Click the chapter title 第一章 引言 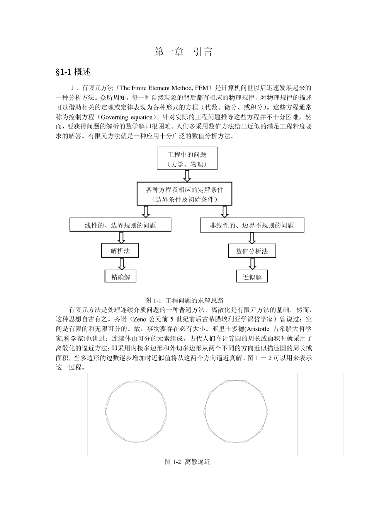click(x=183, y=52)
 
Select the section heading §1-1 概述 click(x=73, y=72)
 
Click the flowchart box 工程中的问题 click(x=187, y=158)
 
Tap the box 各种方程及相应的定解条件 click(x=184, y=194)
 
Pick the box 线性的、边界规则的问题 click(x=120, y=225)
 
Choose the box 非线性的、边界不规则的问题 click(x=252, y=225)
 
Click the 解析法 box click(x=120, y=251)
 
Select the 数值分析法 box click(x=252, y=251)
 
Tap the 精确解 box click(x=121, y=277)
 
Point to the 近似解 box click(x=252, y=277)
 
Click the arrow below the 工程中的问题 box click(x=187, y=176)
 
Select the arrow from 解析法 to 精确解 click(x=121, y=264)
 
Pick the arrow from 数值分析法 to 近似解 click(x=252, y=264)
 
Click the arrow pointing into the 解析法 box click(x=121, y=238)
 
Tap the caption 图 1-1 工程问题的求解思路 click(x=184, y=300)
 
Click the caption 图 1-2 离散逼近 click(x=187, y=462)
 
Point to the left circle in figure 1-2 click(x=137, y=411)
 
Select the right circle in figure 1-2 click(x=236, y=411)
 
